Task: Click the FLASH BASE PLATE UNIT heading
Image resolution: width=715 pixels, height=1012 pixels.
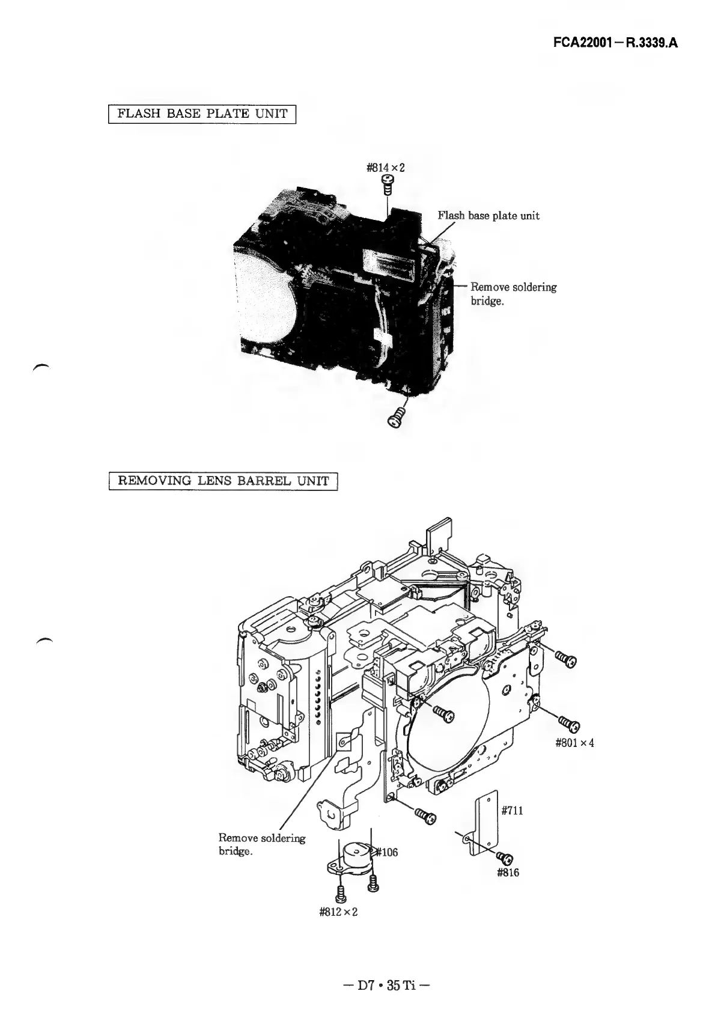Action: click(203, 114)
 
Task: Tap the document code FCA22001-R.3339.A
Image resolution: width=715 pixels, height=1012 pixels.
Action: click(615, 44)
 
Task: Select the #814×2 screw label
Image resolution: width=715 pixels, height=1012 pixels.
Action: click(386, 168)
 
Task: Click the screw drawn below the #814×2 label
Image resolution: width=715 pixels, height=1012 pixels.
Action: click(388, 187)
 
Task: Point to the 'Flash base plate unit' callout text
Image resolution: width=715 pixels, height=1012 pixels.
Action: click(488, 216)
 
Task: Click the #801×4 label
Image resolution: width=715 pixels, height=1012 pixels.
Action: click(575, 743)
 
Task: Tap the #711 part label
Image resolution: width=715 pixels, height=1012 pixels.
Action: click(512, 811)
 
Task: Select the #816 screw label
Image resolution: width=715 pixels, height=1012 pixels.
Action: click(508, 873)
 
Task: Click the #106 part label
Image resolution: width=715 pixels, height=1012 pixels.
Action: click(387, 852)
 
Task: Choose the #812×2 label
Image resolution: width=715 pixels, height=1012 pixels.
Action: click(338, 912)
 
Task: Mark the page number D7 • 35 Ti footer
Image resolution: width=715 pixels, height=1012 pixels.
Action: click(385, 986)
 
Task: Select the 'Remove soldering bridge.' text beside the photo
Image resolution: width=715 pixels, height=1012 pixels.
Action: click(513, 294)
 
